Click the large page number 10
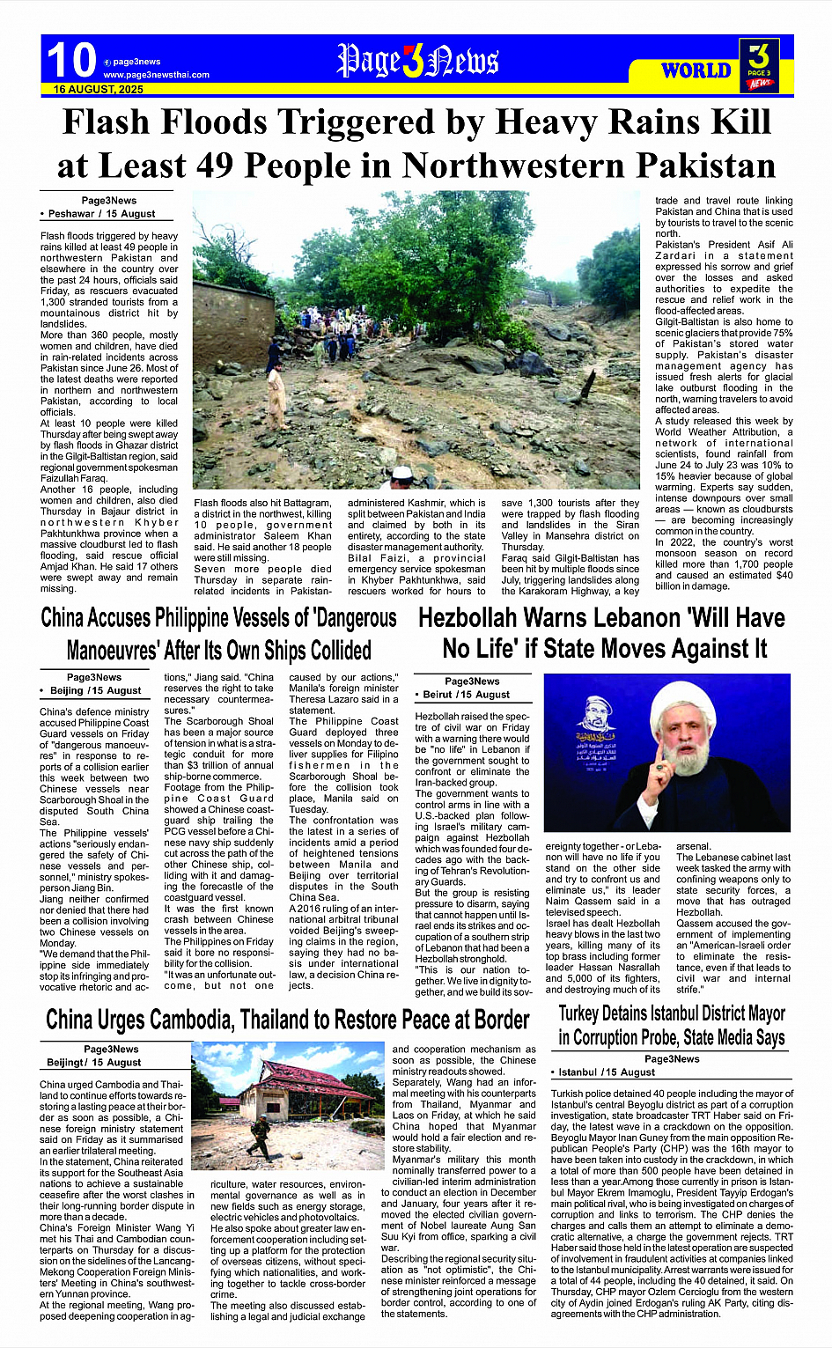70,61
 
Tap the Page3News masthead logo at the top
417,62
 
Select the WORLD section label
696,70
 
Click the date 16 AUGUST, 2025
99,90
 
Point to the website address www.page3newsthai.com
156,75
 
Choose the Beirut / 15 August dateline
466,695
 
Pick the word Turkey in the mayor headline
578,1013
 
